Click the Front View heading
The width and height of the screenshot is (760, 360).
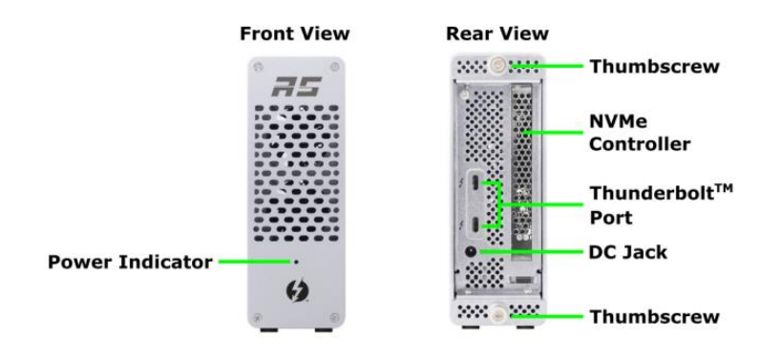[294, 34]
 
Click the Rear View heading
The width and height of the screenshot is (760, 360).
[496, 34]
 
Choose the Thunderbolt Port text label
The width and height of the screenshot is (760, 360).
[652, 205]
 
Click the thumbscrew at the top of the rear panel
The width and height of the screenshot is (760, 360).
[496, 66]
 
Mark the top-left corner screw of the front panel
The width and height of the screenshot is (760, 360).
[257, 67]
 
